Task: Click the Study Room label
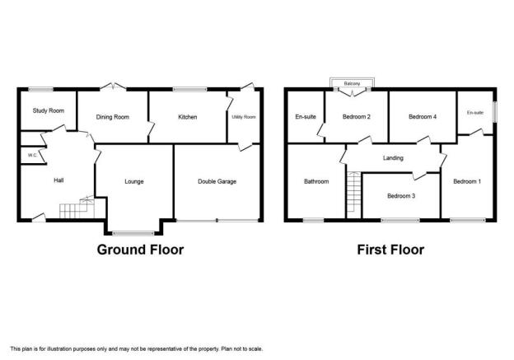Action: (x=48, y=110)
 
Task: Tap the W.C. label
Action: (x=32, y=156)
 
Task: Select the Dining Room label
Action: (x=112, y=117)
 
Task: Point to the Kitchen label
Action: (x=188, y=117)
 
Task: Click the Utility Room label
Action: (x=244, y=117)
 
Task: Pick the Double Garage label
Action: (x=217, y=181)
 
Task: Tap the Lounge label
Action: (x=134, y=181)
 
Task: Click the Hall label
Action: (x=58, y=180)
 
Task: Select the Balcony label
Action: (x=352, y=83)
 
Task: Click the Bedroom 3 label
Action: (x=401, y=196)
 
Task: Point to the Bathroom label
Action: (x=316, y=181)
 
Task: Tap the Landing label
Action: (x=393, y=158)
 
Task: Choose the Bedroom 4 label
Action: (x=423, y=116)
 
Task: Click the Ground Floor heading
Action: (x=140, y=250)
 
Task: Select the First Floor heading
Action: (x=390, y=250)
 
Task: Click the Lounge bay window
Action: (x=133, y=233)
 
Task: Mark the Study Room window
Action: (x=40, y=89)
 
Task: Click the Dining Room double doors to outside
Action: (x=113, y=86)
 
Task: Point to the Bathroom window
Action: (x=313, y=221)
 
